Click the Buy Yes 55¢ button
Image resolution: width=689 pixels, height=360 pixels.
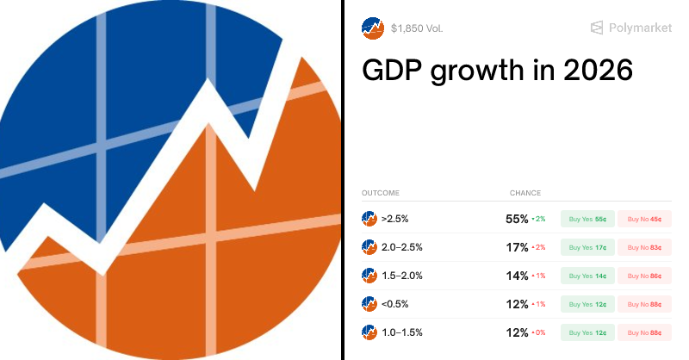[589, 220]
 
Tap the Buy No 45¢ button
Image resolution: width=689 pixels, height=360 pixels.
[644, 220]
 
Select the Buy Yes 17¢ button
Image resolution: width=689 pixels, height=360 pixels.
[589, 247]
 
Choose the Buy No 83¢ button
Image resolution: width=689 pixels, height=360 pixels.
[644, 247]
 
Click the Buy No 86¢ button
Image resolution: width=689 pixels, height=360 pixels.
[644, 276]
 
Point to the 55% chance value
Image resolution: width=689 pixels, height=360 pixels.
[517, 220]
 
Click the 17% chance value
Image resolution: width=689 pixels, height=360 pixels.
[517, 247]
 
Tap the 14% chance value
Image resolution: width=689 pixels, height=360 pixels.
[517, 276]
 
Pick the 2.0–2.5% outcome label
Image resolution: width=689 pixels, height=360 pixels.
[401, 247]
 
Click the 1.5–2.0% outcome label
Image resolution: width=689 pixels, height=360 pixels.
[401, 276]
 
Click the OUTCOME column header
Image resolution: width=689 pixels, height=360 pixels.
[380, 193]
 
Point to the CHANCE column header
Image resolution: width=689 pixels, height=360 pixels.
[525, 193]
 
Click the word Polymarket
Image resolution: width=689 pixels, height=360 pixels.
[640, 28]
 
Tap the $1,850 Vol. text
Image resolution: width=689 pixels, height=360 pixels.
[417, 28]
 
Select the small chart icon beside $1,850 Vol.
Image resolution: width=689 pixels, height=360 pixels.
[372, 28]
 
